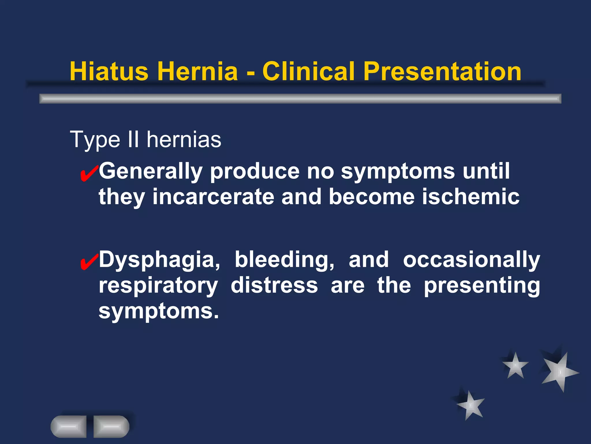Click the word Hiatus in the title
pos(109,71)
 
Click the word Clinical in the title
pos(308,71)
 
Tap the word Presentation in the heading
pos(442,71)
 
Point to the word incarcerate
pos(213,197)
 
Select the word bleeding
pos(284,259)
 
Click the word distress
pos(274,285)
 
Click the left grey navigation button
pos(69,426)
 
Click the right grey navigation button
pos(111,426)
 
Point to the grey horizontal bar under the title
pos(300,99)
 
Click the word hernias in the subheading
pos(184,140)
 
